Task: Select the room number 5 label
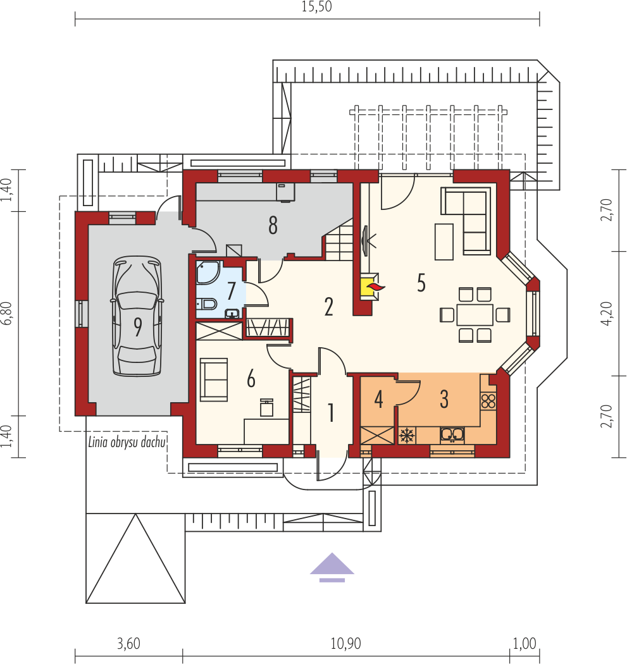(x=421, y=283)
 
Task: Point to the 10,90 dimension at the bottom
(x=345, y=644)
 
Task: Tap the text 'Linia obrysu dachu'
(x=127, y=442)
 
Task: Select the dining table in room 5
(x=475, y=314)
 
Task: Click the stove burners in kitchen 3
(x=488, y=400)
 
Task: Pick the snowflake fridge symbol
(x=407, y=435)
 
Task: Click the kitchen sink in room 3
(x=453, y=434)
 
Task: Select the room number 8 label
(x=273, y=225)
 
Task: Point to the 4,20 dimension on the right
(x=607, y=313)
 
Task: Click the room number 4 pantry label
(x=378, y=400)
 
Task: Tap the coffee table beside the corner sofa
(x=444, y=242)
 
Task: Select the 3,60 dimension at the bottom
(x=128, y=644)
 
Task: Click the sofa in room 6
(x=213, y=379)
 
